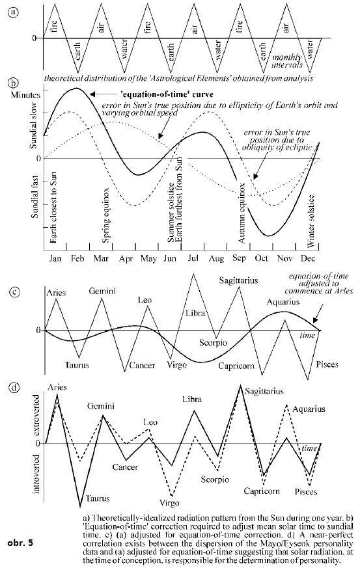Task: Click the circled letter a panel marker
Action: [x=13, y=12]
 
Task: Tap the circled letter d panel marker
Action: [x=14, y=388]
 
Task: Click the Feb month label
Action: [x=77, y=258]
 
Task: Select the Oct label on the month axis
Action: [x=261, y=258]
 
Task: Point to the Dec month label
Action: [x=308, y=258]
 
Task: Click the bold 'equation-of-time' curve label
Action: [x=167, y=94]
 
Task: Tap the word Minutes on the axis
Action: [x=25, y=95]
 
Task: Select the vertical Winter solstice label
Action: [x=311, y=221]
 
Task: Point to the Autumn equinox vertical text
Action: [x=242, y=213]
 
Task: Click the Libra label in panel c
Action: [x=195, y=314]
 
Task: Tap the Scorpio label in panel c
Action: [x=213, y=343]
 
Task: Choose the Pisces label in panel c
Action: [x=327, y=364]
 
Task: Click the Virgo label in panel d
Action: [x=169, y=503]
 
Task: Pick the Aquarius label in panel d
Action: [x=309, y=409]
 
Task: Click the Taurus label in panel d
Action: [x=98, y=499]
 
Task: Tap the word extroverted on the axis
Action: [x=36, y=416]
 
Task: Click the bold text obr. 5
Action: [x=20, y=543]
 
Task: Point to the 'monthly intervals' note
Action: [x=287, y=61]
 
